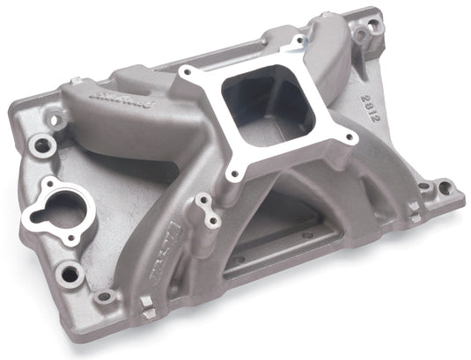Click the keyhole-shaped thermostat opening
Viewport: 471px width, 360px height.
pos(59,205)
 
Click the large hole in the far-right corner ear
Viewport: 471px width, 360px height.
pos(445,187)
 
